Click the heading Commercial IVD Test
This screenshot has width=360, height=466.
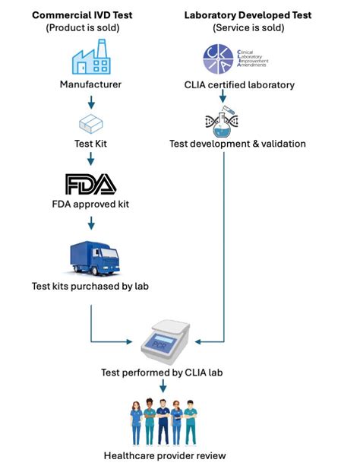(91, 14)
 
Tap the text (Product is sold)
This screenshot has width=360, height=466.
(91, 27)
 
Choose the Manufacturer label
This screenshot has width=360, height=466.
(91, 84)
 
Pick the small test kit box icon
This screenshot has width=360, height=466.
(91, 122)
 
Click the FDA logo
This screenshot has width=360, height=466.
(91, 185)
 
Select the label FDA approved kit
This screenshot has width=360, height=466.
(91, 205)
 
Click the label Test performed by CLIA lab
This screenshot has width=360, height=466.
(164, 373)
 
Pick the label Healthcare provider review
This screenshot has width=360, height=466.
(164, 455)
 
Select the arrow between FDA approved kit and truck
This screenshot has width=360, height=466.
(91, 223)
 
